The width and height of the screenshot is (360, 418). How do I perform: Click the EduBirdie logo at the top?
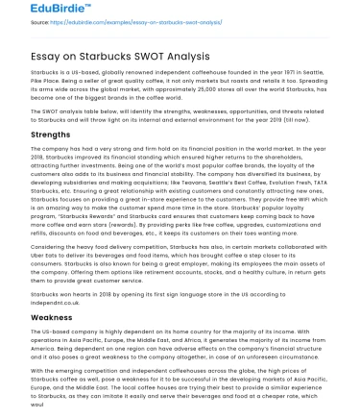tap(39, 11)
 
